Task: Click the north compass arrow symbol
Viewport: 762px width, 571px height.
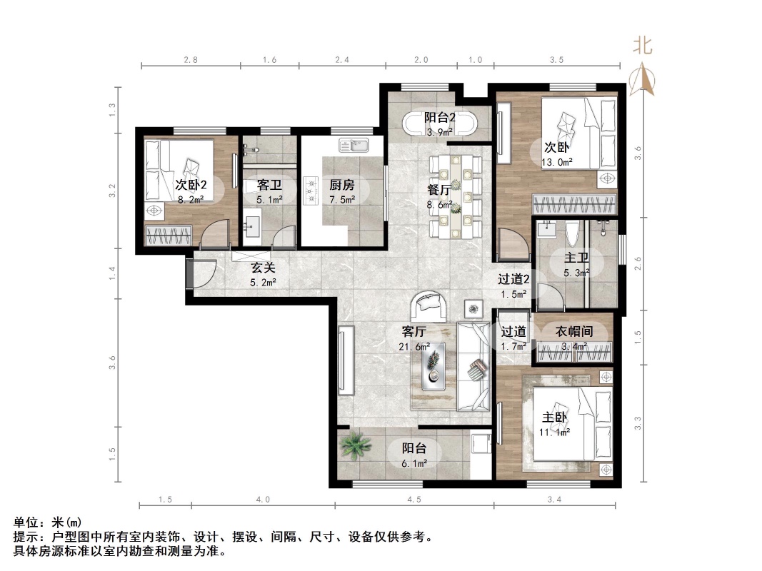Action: (x=644, y=77)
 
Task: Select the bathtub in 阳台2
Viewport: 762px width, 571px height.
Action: (x=440, y=124)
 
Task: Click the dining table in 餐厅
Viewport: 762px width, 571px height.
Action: (x=456, y=196)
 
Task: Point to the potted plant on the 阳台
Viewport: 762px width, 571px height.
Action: (x=355, y=446)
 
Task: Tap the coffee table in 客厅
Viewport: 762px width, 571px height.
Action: (x=433, y=365)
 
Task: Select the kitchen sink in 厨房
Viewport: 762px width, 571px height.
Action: (x=354, y=146)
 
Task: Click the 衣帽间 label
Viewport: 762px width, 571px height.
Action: (x=574, y=332)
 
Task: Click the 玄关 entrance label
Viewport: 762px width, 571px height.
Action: (x=260, y=268)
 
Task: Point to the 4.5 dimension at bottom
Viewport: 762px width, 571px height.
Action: (x=414, y=500)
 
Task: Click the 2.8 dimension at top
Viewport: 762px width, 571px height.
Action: (x=191, y=60)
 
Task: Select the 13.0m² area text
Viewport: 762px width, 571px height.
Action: (x=556, y=162)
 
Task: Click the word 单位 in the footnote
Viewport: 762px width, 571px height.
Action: (x=27, y=523)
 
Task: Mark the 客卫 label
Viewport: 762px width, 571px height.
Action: (x=269, y=185)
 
